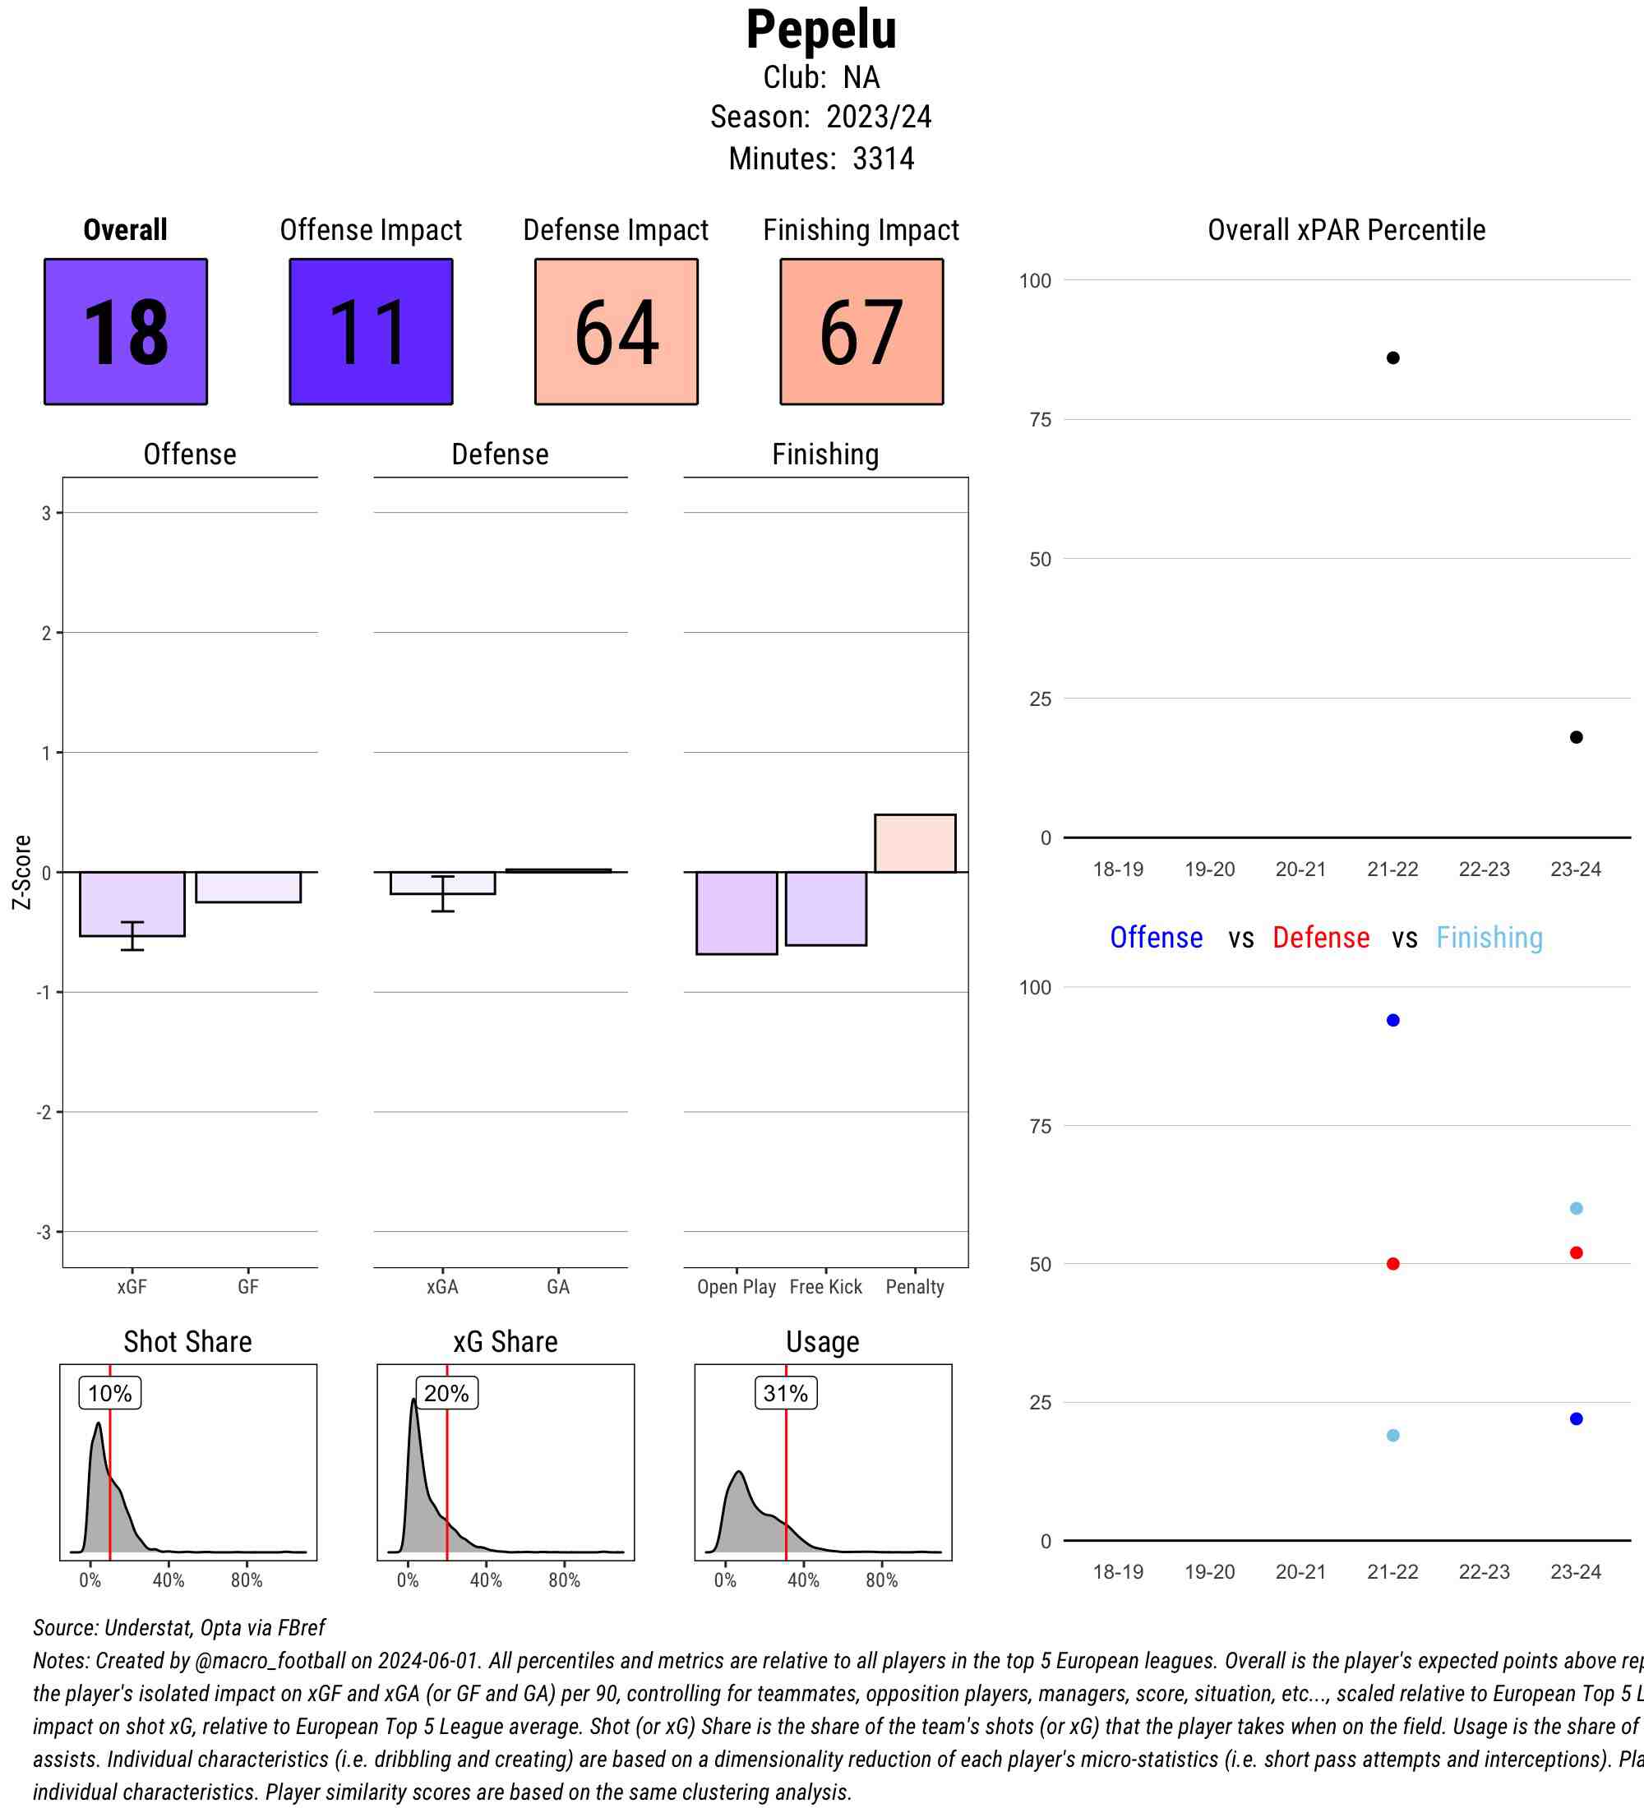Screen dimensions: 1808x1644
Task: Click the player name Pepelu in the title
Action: [820, 30]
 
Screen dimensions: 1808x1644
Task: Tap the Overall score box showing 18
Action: [126, 332]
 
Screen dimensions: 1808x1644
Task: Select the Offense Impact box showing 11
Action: [371, 332]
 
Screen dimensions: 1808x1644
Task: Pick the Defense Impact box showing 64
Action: [616, 332]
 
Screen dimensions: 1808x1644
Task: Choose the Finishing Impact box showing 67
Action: [861, 332]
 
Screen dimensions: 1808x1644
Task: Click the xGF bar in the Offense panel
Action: [132, 903]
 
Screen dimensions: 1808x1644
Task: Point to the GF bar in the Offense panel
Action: [248, 887]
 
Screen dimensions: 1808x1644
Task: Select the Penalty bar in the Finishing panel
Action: [915, 843]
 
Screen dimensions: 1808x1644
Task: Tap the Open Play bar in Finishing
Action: [737, 913]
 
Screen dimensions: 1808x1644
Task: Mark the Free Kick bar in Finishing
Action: [825, 908]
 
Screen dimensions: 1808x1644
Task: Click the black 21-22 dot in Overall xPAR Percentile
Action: [1392, 357]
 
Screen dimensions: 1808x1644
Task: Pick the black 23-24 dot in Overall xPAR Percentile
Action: [1576, 737]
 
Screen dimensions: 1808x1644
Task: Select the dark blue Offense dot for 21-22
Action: [1392, 1021]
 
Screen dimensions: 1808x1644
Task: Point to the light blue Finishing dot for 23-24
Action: [1576, 1208]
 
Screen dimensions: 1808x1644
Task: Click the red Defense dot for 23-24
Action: [1576, 1253]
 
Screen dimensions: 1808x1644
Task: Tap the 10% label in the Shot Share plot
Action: [110, 1393]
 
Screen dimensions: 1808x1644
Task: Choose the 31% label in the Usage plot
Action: [786, 1393]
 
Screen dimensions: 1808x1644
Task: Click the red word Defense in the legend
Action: [1321, 937]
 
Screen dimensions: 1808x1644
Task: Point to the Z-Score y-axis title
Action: [22, 872]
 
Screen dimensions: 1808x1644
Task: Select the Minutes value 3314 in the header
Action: [884, 159]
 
